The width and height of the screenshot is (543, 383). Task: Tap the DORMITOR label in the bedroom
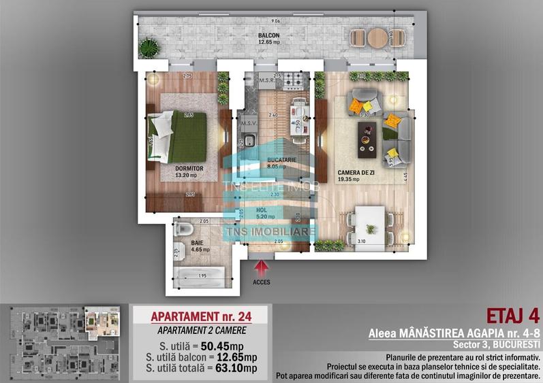click(189, 168)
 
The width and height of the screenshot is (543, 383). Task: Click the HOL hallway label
click(262, 210)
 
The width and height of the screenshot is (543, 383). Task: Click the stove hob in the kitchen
click(294, 81)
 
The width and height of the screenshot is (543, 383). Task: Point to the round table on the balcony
click(377, 39)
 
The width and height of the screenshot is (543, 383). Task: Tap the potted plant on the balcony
click(147, 48)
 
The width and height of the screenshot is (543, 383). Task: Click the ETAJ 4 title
click(512, 316)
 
